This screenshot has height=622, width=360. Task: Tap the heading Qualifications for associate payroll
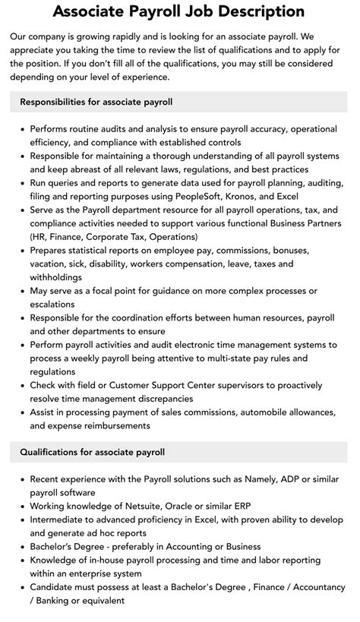tap(92, 452)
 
